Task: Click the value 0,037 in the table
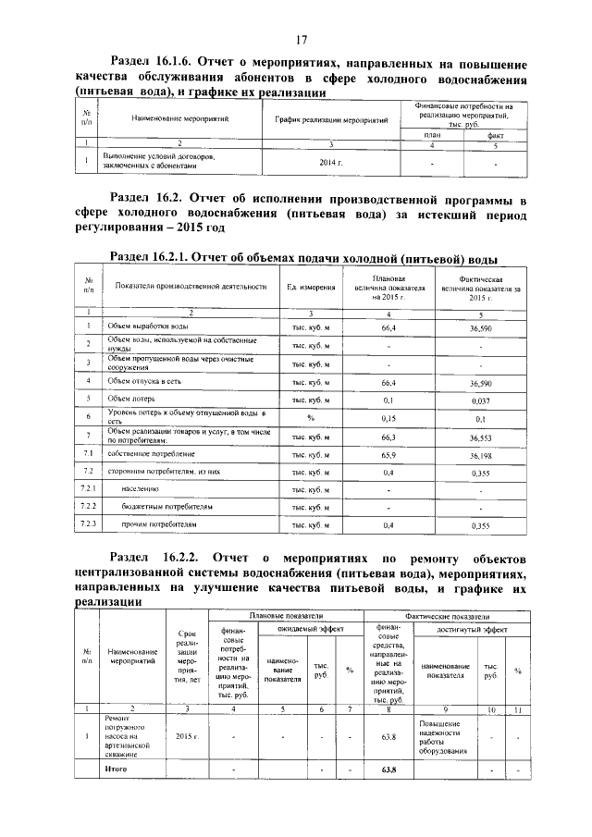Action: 481,400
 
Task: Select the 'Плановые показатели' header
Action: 286,615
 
